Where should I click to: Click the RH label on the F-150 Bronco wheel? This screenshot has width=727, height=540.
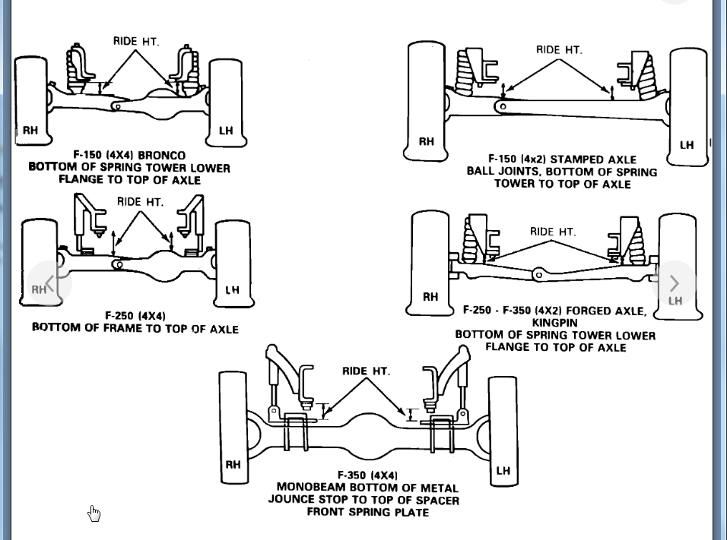[x=30, y=131]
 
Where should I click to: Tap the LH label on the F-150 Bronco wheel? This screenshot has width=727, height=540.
[x=226, y=131]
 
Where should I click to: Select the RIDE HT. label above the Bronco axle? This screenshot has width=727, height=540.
[x=136, y=41]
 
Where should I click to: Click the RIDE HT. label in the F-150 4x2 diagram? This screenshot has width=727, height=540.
[x=559, y=50]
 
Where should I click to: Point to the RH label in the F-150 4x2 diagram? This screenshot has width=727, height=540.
[x=427, y=142]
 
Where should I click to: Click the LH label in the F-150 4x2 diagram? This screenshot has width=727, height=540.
[x=687, y=145]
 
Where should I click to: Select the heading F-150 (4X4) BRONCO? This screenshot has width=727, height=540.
[x=129, y=155]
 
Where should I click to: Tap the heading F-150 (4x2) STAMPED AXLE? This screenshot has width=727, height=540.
[x=562, y=159]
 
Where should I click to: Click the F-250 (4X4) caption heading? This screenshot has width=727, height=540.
[x=135, y=315]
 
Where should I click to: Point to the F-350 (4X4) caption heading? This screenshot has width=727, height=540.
[x=367, y=475]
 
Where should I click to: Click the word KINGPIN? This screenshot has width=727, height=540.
[x=555, y=323]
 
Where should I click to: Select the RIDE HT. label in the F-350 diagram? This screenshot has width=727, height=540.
[x=366, y=371]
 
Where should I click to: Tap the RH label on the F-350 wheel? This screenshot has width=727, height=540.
[x=233, y=465]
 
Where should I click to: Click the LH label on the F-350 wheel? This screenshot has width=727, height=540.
[x=503, y=471]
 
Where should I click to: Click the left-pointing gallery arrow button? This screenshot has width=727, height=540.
[x=50, y=283]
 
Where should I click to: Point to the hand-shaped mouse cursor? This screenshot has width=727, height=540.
[x=94, y=513]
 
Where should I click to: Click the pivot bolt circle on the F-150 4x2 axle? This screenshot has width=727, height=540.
[x=502, y=107]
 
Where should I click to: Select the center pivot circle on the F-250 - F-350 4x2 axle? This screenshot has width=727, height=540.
[x=538, y=274]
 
